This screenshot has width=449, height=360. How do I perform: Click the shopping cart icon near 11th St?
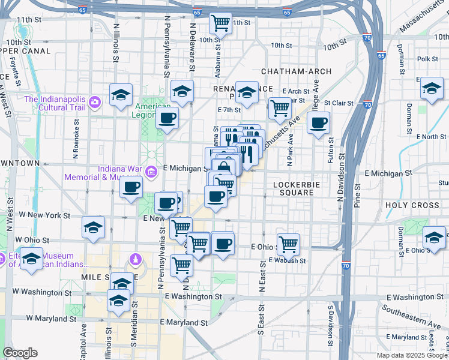[220, 23]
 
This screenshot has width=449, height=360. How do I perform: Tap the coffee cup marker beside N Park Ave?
[318, 123]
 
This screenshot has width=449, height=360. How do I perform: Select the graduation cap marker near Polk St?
[432, 88]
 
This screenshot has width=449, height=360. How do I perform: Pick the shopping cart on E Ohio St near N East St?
[289, 244]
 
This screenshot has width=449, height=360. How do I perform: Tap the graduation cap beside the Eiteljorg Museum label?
[31, 259]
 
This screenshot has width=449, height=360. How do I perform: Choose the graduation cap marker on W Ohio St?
[94, 227]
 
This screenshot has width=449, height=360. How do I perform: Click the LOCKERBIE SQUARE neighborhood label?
[294, 188]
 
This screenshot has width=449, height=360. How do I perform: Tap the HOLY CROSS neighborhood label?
[412, 205]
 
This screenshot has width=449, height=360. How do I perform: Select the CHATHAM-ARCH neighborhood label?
[296, 71]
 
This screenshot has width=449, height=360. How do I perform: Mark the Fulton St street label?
[331, 149]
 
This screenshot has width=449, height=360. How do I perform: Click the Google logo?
[20, 353]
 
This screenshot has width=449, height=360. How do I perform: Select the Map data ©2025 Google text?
[411, 355]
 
